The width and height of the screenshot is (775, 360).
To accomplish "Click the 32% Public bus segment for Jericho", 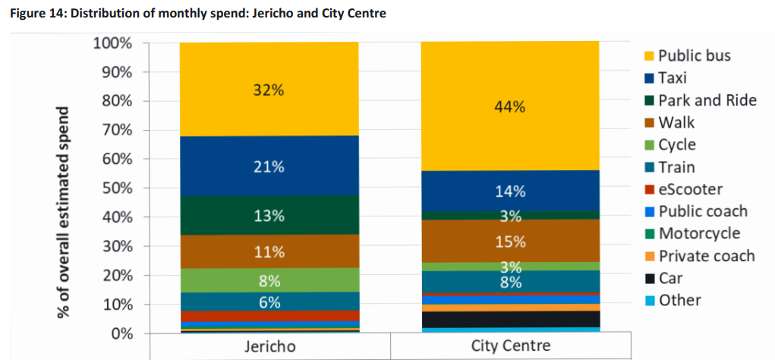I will pos(269,90).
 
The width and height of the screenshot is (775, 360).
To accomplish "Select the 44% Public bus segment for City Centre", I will pos(510,106).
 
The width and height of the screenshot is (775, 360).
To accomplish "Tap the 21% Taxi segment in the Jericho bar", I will pos(269,167).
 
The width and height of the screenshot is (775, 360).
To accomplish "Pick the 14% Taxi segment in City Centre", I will pos(510,191).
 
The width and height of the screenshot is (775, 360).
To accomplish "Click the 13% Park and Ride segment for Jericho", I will pos(269,216).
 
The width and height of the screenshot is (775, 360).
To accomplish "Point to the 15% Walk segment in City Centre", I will pos(510,242).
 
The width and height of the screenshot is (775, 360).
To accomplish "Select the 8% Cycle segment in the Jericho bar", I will pos(269,280).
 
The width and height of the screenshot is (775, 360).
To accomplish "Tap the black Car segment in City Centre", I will pos(510,319).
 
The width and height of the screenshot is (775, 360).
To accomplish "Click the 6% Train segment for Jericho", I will pos(269,302).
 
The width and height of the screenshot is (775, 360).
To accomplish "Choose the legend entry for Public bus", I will pos(693,55).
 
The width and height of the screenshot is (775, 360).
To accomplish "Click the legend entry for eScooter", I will pos(690,189).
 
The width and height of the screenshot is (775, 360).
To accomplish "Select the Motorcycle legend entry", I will pos(698,233).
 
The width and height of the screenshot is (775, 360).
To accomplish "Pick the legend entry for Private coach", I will pos(705,256).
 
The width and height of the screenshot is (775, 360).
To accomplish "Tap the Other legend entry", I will pos(679,300).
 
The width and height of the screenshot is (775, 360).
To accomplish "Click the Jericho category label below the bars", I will pos(269,346).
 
